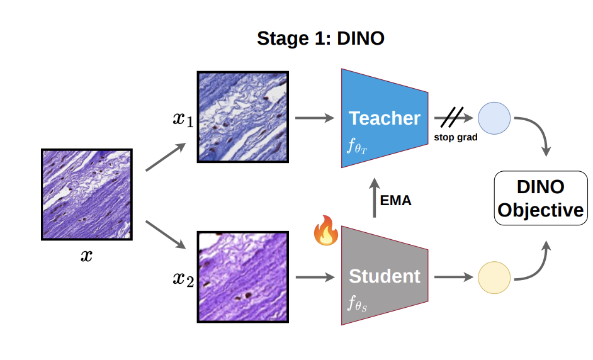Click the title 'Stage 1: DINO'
[x=320, y=38]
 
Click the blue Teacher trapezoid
[x=385, y=118]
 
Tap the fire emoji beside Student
[x=325, y=231]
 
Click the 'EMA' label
[x=396, y=201]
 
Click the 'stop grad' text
[x=455, y=137]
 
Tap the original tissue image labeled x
[x=86, y=194]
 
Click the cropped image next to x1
[x=243, y=116]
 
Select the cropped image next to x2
[x=243, y=277]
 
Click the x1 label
[x=183, y=118]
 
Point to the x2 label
[x=183, y=278]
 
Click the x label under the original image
[x=86, y=255]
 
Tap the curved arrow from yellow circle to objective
[x=536, y=264]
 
